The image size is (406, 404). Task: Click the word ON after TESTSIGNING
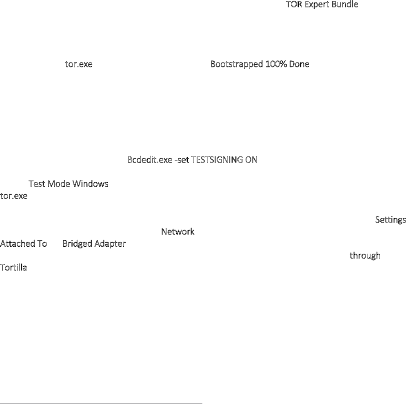pos(251,160)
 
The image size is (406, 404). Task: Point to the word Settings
pos(390,220)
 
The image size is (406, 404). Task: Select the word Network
pos(177,232)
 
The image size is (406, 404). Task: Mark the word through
pos(365,256)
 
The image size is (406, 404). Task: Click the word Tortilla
pos(13,268)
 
